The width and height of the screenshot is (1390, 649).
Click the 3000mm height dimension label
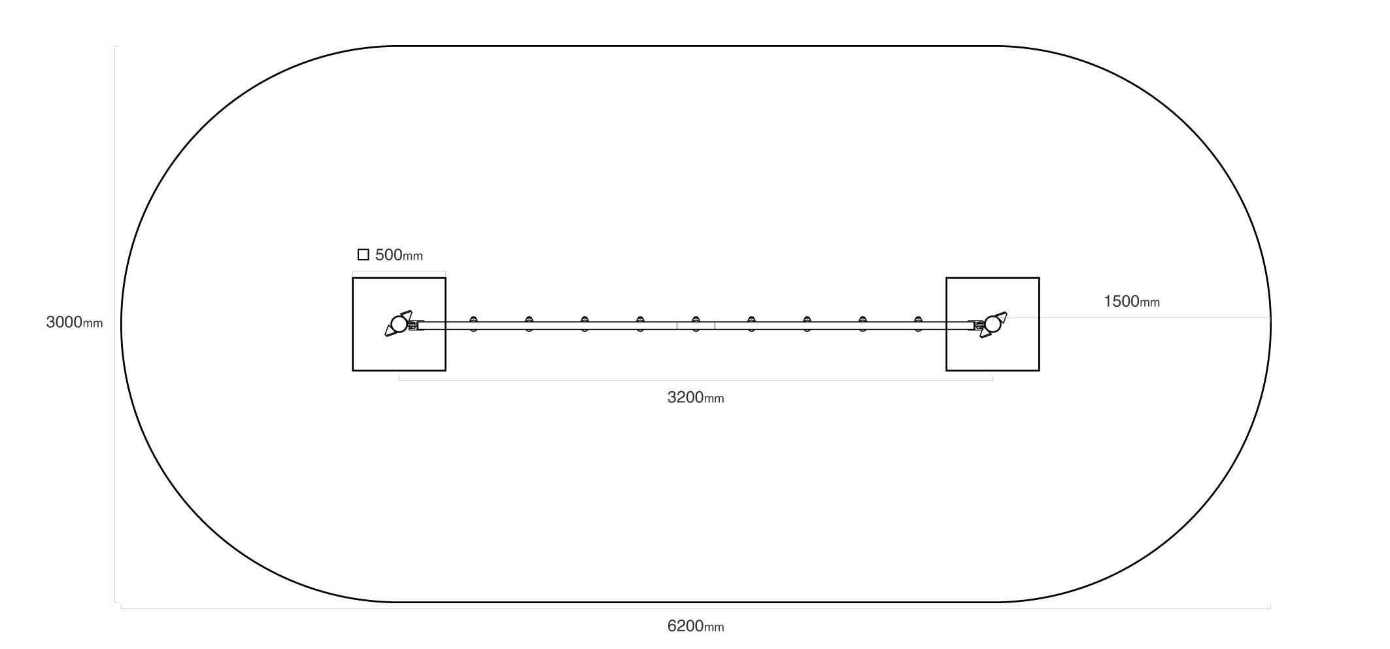pyautogui.click(x=74, y=323)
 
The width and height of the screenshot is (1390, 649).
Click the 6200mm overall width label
pyautogui.click(x=696, y=626)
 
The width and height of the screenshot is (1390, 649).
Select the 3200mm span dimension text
pyautogui.click(x=696, y=397)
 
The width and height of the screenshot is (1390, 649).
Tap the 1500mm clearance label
pyautogui.click(x=1132, y=302)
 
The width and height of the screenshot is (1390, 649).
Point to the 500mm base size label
pyautogui.click(x=399, y=255)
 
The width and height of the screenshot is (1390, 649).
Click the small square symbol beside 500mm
pyautogui.click(x=364, y=254)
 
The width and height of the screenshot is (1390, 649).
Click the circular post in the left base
pyautogui.click(x=399, y=324)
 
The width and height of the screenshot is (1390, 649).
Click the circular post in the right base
pyautogui.click(x=992, y=324)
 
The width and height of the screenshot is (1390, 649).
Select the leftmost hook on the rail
pyautogui.click(x=473, y=324)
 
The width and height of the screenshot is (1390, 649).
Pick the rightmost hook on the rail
pyautogui.click(x=919, y=324)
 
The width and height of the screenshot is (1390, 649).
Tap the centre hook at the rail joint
pyautogui.click(x=696, y=324)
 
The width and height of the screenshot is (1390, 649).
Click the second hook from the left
pyautogui.click(x=529, y=324)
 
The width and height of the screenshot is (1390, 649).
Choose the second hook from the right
pyautogui.click(x=863, y=324)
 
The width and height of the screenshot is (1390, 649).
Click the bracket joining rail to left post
pyautogui.click(x=415, y=325)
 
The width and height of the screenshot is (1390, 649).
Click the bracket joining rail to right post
pyautogui.click(x=976, y=325)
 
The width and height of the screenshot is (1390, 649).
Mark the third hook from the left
pyautogui.click(x=585, y=324)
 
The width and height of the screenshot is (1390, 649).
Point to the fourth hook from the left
pyautogui.click(x=640, y=324)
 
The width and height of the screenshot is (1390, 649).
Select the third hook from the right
pyautogui.click(x=807, y=324)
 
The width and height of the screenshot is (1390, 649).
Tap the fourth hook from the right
pyautogui.click(x=752, y=324)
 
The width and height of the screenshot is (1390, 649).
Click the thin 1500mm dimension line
pyautogui.click(x=1132, y=318)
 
